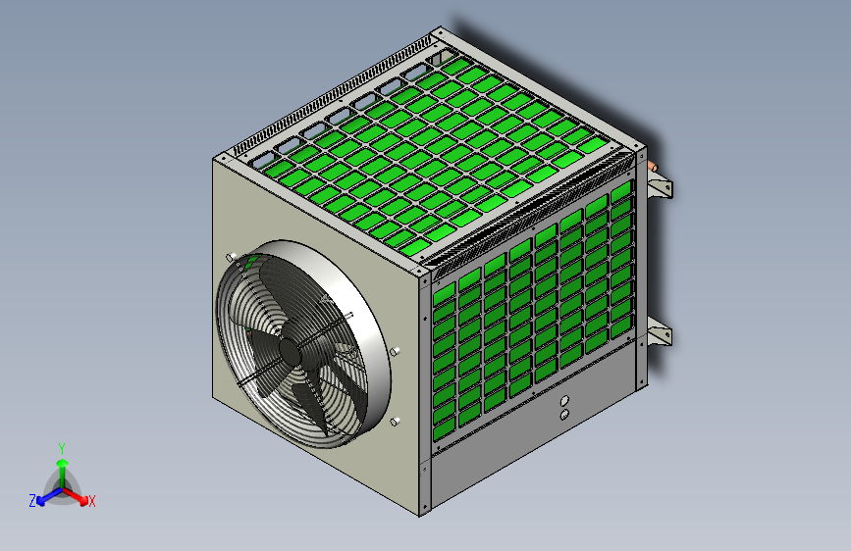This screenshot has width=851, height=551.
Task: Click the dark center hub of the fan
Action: coord(290,352)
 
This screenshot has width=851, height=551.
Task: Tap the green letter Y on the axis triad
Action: coord(62,449)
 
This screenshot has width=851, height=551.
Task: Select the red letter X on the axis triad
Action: coord(91,501)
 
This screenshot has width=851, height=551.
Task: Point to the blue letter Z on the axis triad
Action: coord(32,501)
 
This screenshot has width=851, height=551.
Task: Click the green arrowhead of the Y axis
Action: coord(63,463)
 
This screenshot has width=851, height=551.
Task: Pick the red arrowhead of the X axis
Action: coord(82,499)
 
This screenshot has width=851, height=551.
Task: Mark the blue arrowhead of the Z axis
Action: coord(41,499)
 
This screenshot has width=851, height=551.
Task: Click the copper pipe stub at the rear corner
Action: coord(653,166)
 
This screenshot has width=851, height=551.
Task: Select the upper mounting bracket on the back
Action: coord(660,187)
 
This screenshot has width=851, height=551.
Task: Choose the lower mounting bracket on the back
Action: coord(659,331)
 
